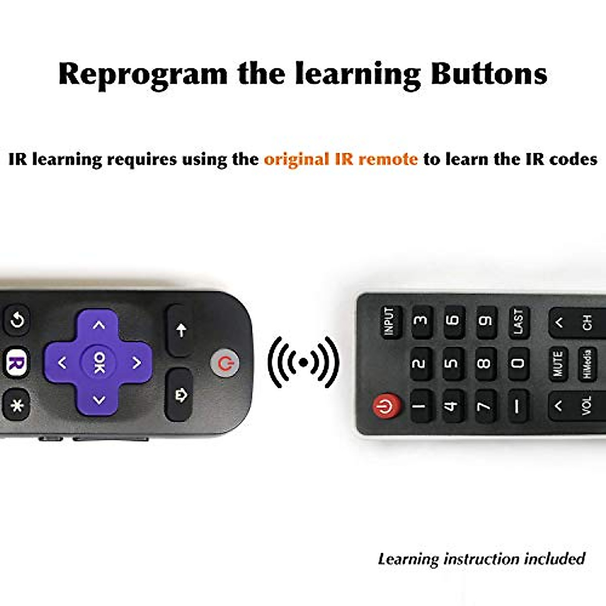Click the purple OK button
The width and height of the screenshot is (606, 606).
(x=99, y=362)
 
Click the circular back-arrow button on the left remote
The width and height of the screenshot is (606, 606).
(x=18, y=320)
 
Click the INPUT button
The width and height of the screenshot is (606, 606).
(x=389, y=322)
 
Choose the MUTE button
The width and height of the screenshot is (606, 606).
(x=558, y=363)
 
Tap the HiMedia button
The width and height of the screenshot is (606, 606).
(x=587, y=363)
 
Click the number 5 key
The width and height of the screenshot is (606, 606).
(x=452, y=363)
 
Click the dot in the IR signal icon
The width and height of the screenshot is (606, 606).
(x=304, y=362)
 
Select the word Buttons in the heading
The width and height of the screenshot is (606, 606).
(x=489, y=73)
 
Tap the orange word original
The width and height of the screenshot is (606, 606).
(x=296, y=159)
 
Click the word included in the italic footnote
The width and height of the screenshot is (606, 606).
(x=554, y=559)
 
